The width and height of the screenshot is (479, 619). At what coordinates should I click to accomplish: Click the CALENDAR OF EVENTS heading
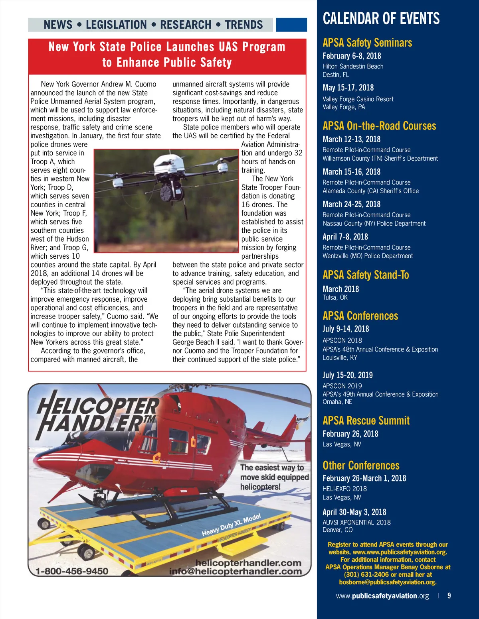pos(381,19)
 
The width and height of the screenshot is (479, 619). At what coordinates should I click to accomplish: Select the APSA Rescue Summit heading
pos(366,421)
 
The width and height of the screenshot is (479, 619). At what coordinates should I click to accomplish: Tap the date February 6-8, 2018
pos(352,56)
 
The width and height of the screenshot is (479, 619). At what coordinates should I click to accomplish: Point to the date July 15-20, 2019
pos(347,375)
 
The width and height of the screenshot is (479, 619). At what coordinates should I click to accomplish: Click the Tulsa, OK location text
pos(335,297)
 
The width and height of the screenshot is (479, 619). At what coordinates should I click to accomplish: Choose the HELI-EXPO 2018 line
pos(344,489)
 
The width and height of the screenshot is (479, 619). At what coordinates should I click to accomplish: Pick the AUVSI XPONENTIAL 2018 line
pos(356,522)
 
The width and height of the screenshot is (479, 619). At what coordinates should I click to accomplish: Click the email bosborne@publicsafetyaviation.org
pos(388,582)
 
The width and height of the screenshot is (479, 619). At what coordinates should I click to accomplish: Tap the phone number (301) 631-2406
pos(366,574)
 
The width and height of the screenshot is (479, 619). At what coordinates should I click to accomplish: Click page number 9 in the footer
pos(449,595)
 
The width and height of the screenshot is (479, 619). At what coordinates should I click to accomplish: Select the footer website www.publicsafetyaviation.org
pos(382,596)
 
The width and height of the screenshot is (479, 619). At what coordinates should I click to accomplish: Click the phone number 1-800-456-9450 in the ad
pos(72,571)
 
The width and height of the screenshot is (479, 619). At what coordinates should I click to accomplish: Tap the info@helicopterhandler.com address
pos(235,571)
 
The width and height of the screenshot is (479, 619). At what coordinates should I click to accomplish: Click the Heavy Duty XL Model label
pos(231,525)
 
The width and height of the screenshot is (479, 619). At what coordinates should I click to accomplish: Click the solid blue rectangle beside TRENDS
pos(291,25)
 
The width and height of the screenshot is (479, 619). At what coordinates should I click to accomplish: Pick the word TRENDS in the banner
pos(243,25)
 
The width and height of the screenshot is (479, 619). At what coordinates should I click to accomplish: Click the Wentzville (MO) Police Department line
pos(368,256)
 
